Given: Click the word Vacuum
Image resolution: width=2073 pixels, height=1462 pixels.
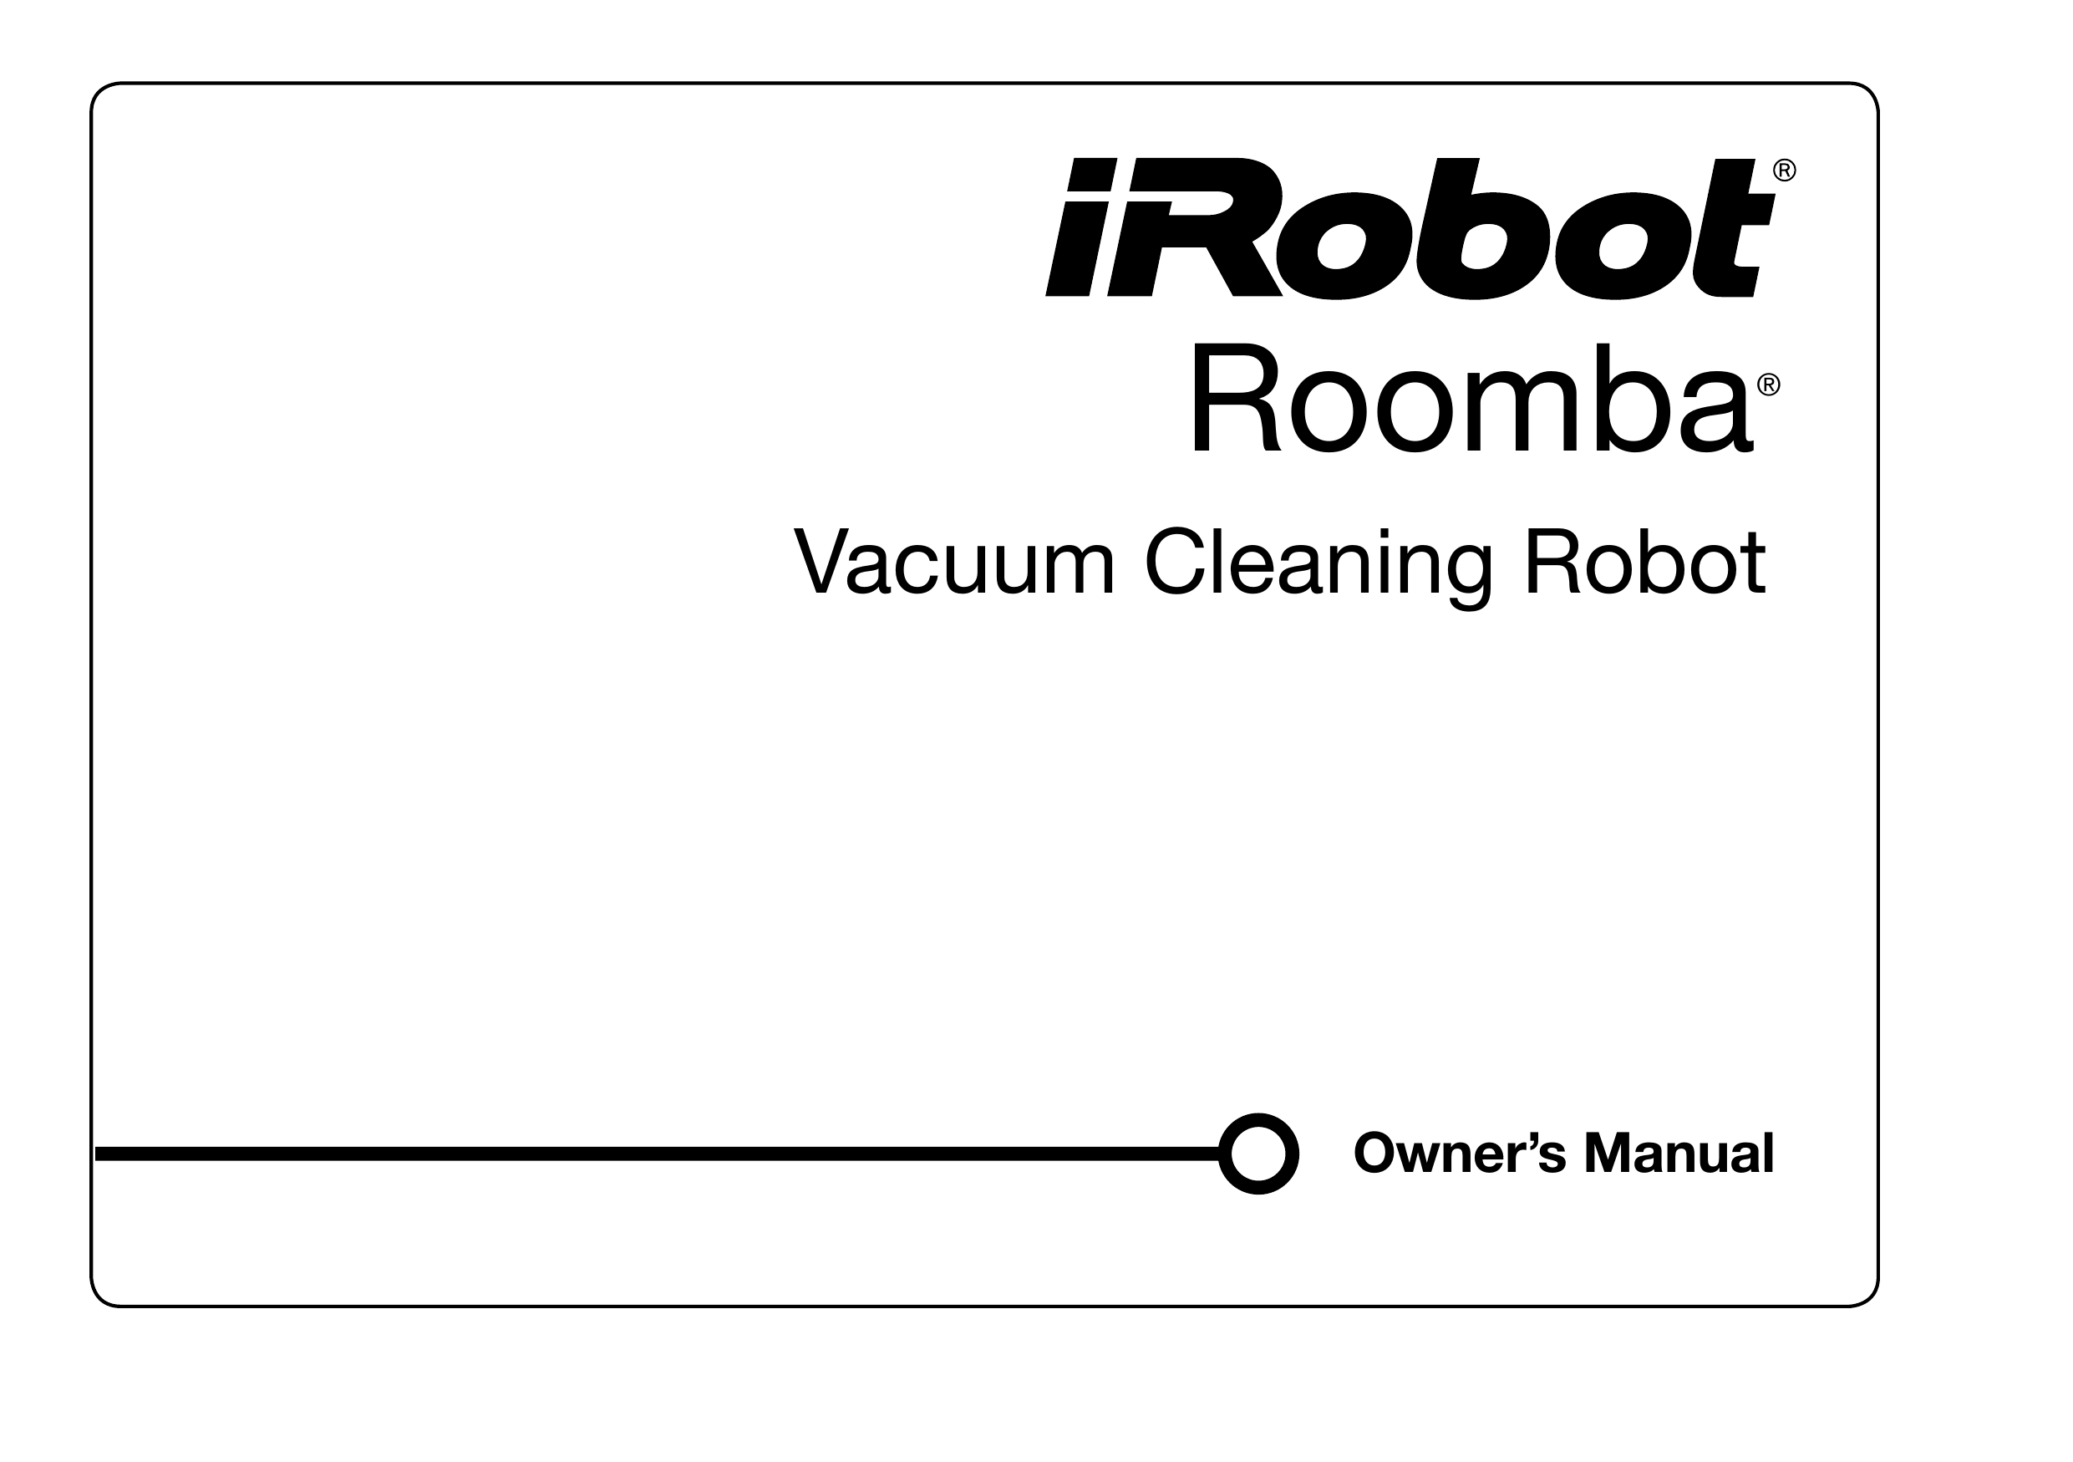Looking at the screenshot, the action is click(954, 563).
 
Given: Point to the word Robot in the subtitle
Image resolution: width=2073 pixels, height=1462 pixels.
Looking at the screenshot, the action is click(1645, 563).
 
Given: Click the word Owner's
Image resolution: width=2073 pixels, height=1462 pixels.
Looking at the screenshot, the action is click(1460, 1154).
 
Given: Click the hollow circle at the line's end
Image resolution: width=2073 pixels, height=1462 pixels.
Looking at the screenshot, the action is click(1258, 1154).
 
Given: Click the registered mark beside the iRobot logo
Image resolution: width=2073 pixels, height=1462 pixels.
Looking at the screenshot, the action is click(1785, 171).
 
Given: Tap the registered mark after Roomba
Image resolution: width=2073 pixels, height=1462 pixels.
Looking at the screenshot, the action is click(1769, 385).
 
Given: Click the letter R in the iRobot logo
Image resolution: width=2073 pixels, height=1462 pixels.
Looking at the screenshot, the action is click(1196, 227).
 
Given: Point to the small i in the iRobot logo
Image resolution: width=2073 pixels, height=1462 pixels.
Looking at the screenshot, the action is click(1080, 227).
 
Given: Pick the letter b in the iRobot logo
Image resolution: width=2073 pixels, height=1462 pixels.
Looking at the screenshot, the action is click(1483, 228).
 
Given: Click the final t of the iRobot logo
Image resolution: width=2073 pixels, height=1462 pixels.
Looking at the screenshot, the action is click(1735, 228).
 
